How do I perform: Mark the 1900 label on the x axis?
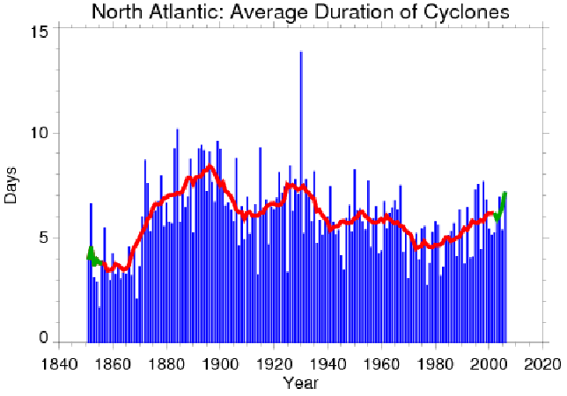[221, 363]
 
